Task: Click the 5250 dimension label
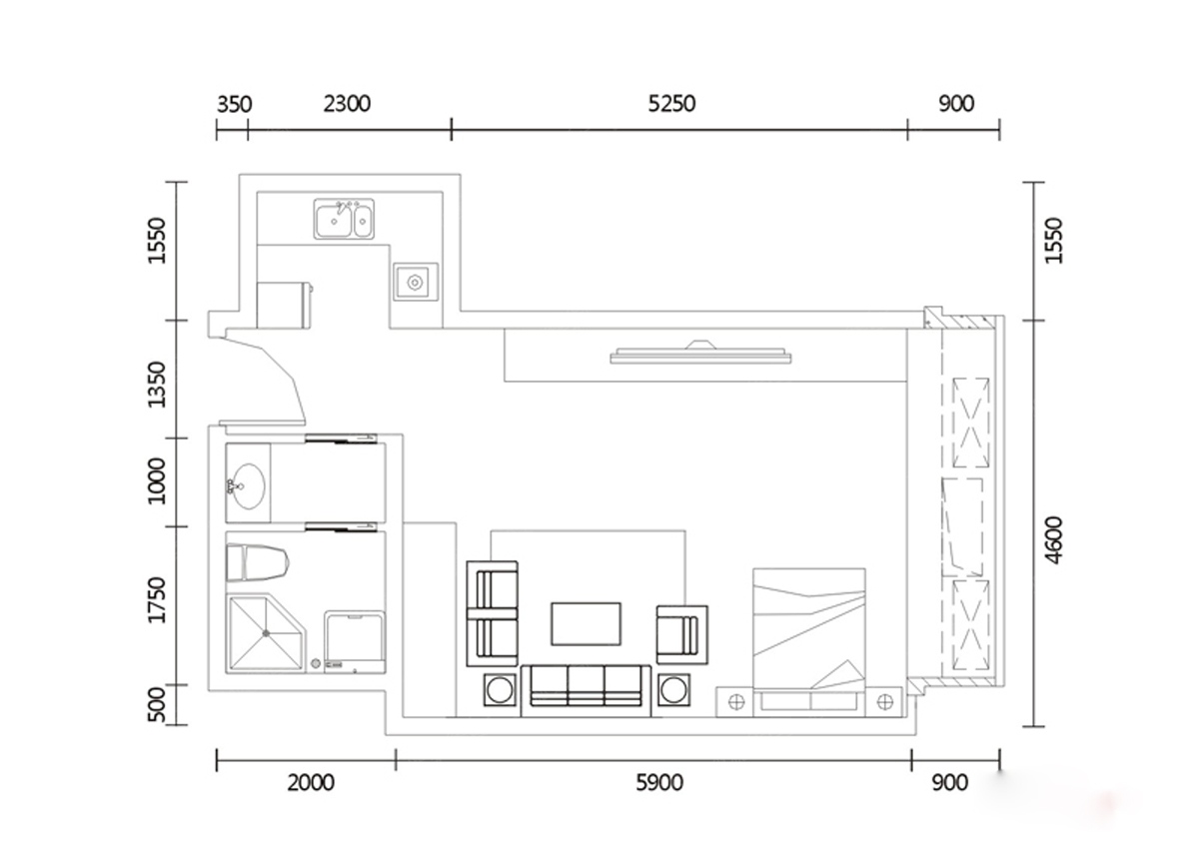(671, 104)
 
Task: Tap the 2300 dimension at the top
(347, 104)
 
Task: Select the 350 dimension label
(234, 104)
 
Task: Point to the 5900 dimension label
(659, 783)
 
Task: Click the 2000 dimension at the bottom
(311, 783)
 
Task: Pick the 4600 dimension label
(1053, 540)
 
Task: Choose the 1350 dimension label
(157, 385)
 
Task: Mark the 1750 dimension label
(157, 600)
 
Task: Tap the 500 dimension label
(157, 705)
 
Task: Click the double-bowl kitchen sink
(344, 219)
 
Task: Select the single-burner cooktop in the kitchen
(416, 282)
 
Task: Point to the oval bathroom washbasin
(246, 485)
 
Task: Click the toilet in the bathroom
(258, 562)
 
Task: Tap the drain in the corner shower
(266, 633)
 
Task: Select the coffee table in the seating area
(587, 624)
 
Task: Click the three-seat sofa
(587, 690)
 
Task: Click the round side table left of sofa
(500, 690)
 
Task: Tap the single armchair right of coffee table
(681, 635)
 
